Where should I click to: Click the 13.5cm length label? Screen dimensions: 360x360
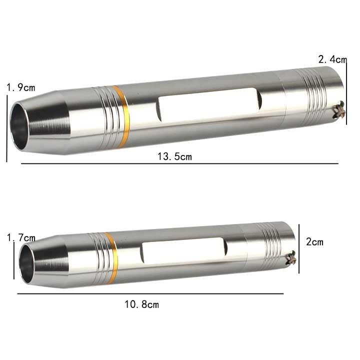coord(174,156)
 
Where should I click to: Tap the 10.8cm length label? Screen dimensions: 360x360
coord(141,304)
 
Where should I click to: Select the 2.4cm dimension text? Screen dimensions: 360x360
coord(332,59)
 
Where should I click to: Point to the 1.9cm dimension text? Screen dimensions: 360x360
coord(21,87)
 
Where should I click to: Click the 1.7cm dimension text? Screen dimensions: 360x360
coord(21,237)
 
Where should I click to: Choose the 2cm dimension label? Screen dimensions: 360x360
coord(314,242)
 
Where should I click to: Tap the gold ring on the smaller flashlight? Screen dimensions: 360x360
coord(112,258)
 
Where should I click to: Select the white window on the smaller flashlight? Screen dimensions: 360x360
coord(183,250)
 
